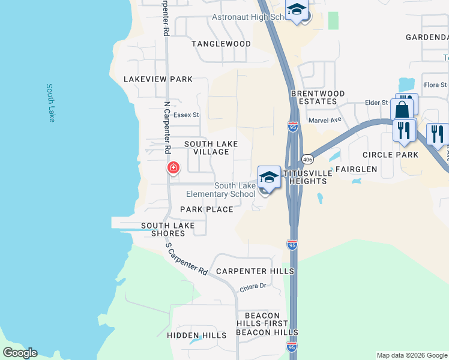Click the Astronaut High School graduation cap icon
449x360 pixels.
[296, 10]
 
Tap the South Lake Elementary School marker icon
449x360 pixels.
[270, 178]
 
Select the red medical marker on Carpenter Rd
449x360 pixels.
[173, 167]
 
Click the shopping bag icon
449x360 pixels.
[402, 110]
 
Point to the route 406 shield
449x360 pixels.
[307, 159]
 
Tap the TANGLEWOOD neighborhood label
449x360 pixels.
[221, 44]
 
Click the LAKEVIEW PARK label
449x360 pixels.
[158, 79]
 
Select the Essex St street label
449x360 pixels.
[185, 115]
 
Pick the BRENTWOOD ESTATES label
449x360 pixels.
[318, 98]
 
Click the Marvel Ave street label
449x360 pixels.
[324, 119]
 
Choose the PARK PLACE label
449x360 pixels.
[206, 209]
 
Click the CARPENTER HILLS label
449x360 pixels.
[255, 271]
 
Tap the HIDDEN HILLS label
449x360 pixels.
[197, 335]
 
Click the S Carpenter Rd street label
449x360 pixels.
[186, 259]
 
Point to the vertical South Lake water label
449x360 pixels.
[51, 103]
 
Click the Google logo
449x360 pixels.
[20, 353]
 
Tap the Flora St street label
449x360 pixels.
[435, 85]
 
